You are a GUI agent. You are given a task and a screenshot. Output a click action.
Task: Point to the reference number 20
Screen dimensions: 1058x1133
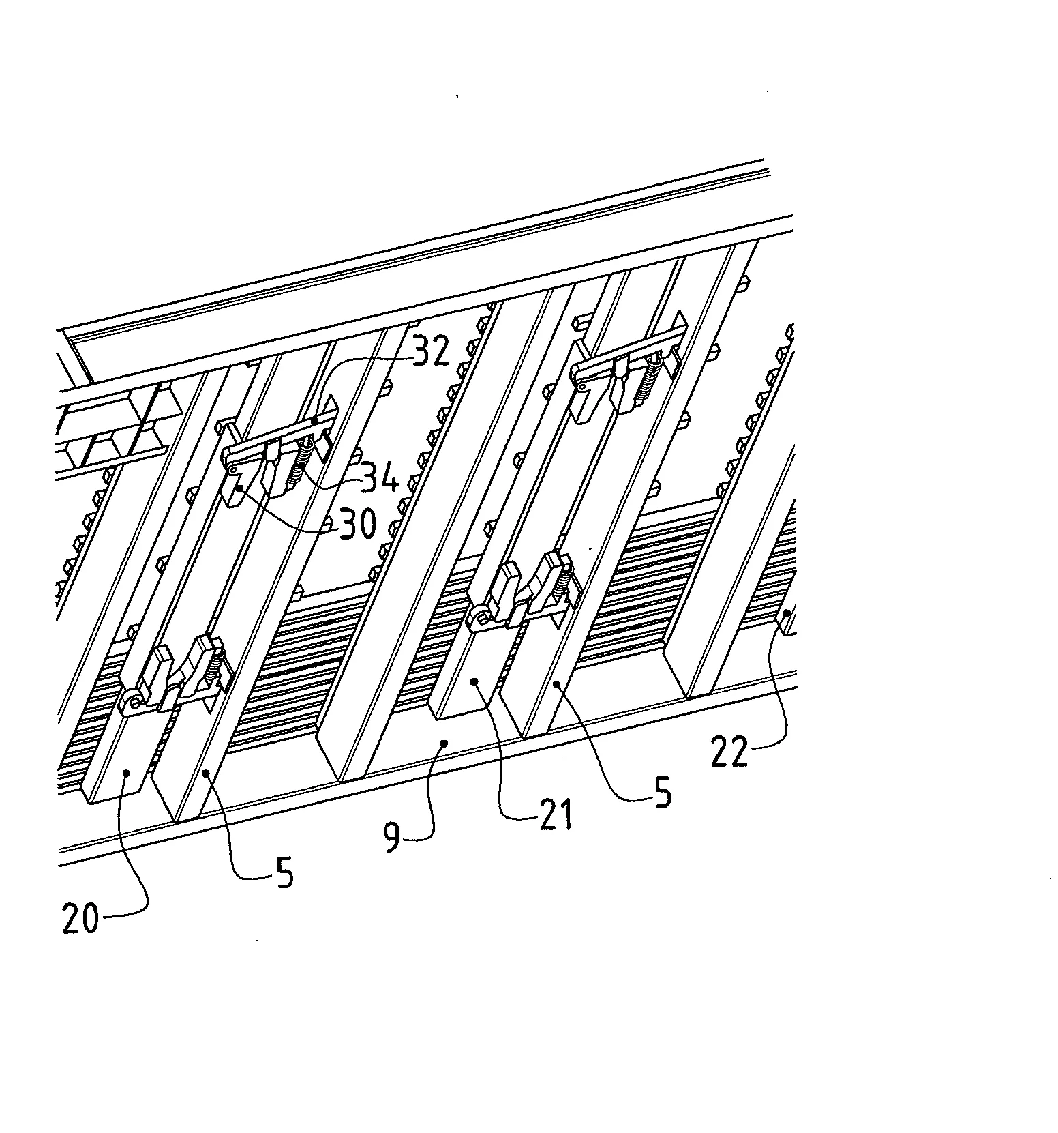[80, 919]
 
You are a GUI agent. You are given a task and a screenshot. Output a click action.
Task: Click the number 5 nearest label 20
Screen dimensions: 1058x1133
[284, 872]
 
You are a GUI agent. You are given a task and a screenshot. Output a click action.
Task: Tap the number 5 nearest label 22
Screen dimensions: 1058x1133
[662, 794]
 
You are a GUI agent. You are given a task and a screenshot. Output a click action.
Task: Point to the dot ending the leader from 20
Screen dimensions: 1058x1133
[127, 771]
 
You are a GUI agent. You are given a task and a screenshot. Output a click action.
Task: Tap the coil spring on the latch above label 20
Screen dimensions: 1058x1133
[216, 660]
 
